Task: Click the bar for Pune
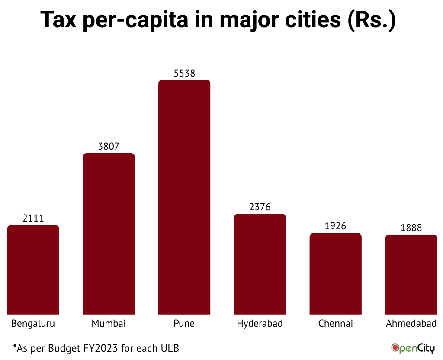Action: click(x=184, y=197)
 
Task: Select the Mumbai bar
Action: click(x=109, y=234)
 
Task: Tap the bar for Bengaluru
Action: click(x=33, y=270)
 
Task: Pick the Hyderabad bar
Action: click(x=260, y=264)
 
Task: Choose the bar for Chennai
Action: click(x=335, y=273)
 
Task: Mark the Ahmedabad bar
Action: click(x=411, y=274)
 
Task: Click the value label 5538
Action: click(x=184, y=73)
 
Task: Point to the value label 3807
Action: click(x=109, y=147)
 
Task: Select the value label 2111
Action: click(x=33, y=219)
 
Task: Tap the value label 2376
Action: click(x=260, y=207)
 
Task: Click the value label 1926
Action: click(x=335, y=226)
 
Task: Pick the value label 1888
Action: click(x=411, y=228)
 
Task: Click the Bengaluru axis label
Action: click(x=33, y=324)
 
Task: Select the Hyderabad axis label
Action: click(x=260, y=324)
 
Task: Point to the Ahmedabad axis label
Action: click(x=411, y=324)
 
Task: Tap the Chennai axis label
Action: click(x=335, y=324)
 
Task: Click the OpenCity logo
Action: click(x=413, y=348)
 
